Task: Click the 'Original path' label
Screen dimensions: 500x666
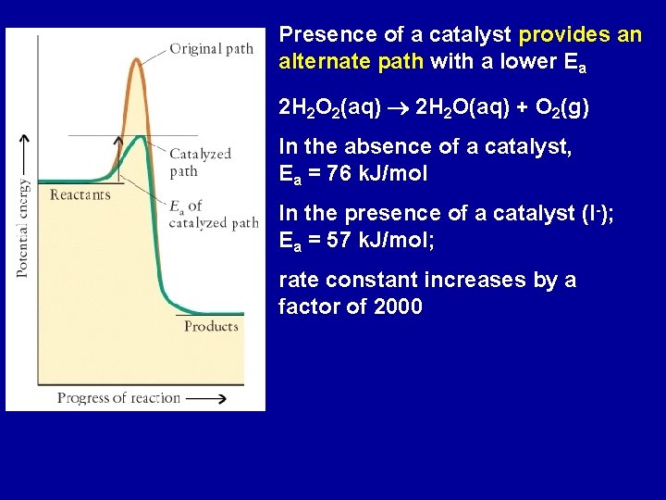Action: pyautogui.click(x=211, y=49)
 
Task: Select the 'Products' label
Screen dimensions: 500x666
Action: pyautogui.click(x=211, y=326)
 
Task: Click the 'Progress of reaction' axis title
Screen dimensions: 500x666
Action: pyautogui.click(x=118, y=397)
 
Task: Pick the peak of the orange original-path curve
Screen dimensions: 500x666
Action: pyautogui.click(x=137, y=60)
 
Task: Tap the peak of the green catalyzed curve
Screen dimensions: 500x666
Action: pyautogui.click(x=139, y=138)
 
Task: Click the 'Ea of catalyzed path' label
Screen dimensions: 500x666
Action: pyautogui.click(x=213, y=214)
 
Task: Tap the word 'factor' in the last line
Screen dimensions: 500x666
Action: pyautogui.click(x=310, y=306)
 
